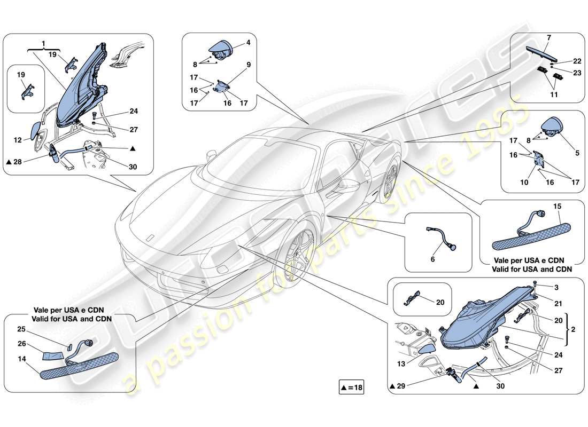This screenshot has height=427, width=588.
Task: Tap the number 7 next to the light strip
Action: [548, 37]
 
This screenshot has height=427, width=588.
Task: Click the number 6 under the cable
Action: [432, 259]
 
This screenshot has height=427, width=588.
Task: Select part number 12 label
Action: [18, 140]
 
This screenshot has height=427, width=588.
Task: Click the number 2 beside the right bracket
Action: [573, 330]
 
